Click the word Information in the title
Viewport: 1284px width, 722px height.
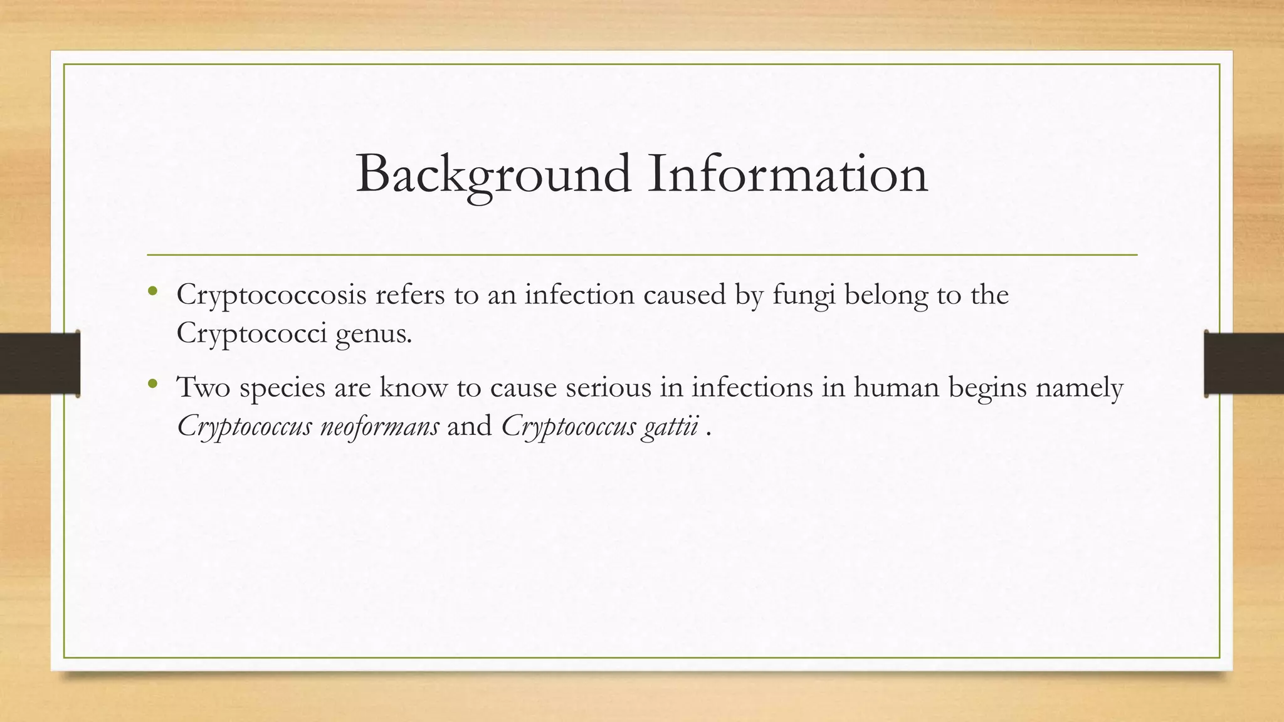(x=787, y=174)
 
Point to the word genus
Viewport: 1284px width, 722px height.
(x=374, y=334)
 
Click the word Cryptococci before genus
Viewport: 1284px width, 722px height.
(x=251, y=333)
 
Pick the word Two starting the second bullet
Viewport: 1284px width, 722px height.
(x=203, y=387)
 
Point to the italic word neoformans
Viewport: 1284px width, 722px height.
(x=379, y=426)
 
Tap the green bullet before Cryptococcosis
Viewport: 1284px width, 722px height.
(x=152, y=290)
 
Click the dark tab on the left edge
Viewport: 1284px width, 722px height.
(x=39, y=364)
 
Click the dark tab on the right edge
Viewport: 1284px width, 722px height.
(x=1244, y=364)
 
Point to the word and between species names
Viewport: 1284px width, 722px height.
(x=470, y=426)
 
